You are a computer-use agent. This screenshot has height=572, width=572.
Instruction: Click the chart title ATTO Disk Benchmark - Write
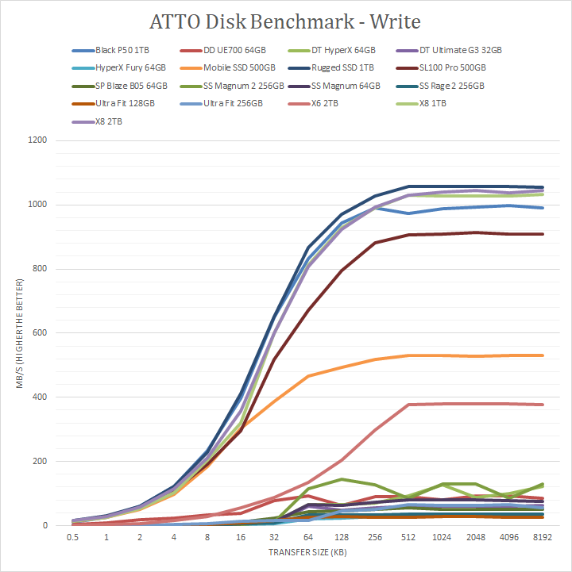click(x=285, y=20)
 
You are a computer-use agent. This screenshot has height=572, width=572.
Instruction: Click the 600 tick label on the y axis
click(x=40, y=333)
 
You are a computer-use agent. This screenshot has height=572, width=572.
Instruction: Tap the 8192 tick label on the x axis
click(x=543, y=536)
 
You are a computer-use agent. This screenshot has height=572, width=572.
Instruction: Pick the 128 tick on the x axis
click(x=342, y=536)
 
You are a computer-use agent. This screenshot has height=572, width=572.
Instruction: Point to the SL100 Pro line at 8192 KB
click(x=543, y=234)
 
